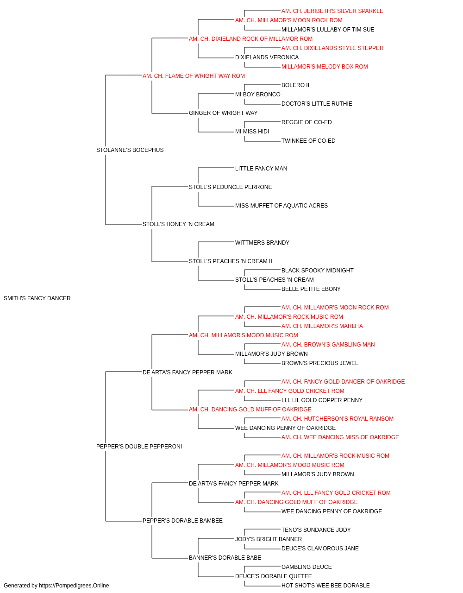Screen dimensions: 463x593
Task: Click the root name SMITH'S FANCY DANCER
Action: coord(37,298)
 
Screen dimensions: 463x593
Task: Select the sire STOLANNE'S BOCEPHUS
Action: coord(130,150)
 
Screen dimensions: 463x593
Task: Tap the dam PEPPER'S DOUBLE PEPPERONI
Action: coord(139,447)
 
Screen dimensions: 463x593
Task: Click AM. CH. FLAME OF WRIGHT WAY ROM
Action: coord(194,76)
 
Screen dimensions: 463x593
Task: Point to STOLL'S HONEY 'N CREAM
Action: coord(178,224)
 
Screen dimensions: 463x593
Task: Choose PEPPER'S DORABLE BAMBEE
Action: coord(182,521)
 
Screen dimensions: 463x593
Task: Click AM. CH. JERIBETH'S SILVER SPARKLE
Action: coord(332,11)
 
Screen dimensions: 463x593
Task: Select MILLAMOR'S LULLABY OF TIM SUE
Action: coord(328,30)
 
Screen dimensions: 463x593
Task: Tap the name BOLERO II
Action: coord(295,85)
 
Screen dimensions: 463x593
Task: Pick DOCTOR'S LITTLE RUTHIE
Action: coord(317,104)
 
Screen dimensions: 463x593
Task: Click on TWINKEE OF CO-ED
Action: coord(308,141)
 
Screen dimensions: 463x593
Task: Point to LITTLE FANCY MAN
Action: coord(261,169)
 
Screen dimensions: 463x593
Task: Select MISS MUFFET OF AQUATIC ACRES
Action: coord(282,206)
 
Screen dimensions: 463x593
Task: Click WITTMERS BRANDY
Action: coord(262,243)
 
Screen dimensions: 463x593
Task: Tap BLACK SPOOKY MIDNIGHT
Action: coord(318,271)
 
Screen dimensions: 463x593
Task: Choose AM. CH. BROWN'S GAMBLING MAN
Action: coord(328,345)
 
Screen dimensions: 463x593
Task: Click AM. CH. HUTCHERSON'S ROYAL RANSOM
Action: coord(338,419)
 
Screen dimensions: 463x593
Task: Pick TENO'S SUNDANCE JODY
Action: coord(316,530)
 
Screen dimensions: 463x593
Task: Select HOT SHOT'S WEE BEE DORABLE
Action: coord(325,586)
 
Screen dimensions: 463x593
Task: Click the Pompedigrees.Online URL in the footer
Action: coord(74,586)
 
